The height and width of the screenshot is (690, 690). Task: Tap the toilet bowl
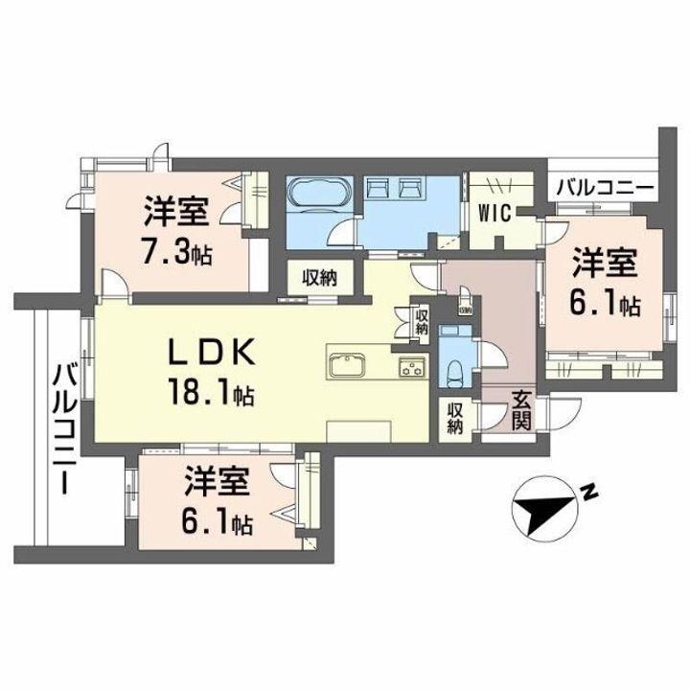(455, 368)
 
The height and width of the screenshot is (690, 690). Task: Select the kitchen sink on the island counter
(345, 367)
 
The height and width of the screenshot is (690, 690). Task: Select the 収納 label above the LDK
(321, 279)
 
